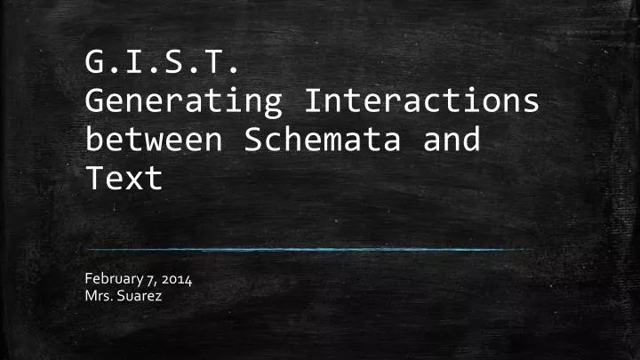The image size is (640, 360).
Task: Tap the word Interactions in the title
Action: coord(421,103)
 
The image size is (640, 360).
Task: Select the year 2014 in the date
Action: coord(175,281)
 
